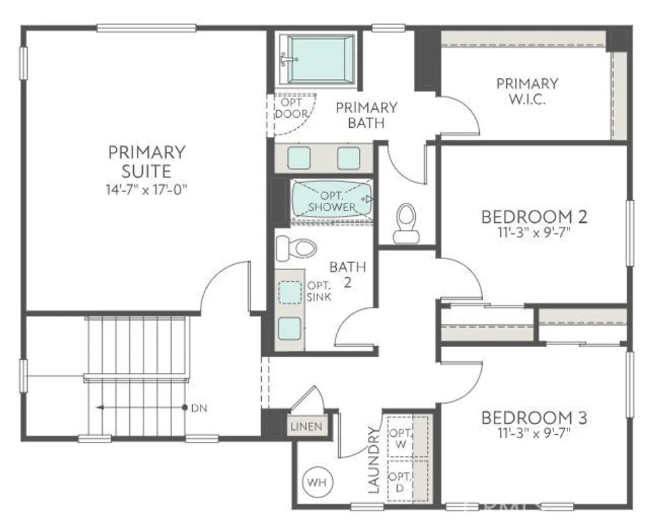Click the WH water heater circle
pyautogui.click(x=317, y=482)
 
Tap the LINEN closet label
pyautogui.click(x=306, y=427)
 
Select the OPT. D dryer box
pyautogui.click(x=400, y=481)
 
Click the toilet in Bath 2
pyautogui.click(x=295, y=247)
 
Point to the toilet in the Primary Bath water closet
pyautogui.click(x=407, y=223)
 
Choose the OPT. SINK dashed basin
pyautogui.click(x=290, y=292)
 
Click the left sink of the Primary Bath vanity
pyautogui.click(x=299, y=158)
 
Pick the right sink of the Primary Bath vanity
pyautogui.click(x=348, y=158)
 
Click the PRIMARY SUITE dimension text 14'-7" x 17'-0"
pyautogui.click(x=147, y=189)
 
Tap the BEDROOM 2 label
pyautogui.click(x=534, y=216)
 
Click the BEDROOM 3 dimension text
pyautogui.click(x=534, y=433)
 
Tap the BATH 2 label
pyautogui.click(x=348, y=273)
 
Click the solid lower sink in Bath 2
pyautogui.click(x=290, y=328)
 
